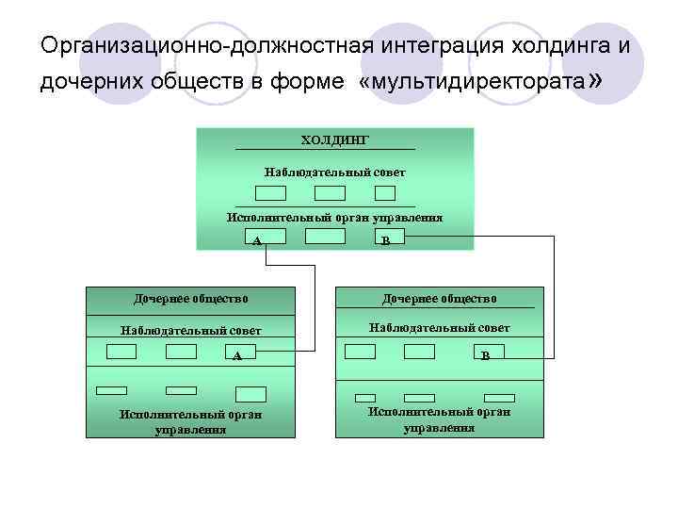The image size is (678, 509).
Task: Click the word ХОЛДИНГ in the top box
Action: (x=334, y=140)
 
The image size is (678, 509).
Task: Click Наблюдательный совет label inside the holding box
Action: (x=334, y=172)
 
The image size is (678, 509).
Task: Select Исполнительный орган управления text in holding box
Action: (x=334, y=217)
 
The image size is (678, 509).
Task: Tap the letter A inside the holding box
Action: (x=257, y=239)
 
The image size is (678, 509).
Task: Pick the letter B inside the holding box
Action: (x=386, y=239)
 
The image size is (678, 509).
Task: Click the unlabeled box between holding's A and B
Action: (x=325, y=237)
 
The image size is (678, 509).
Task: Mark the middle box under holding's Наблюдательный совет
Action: (x=330, y=193)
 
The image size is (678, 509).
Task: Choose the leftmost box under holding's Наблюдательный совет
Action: (x=271, y=193)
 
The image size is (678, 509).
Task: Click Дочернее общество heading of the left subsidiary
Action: (x=191, y=298)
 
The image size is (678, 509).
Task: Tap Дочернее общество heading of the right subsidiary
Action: (x=439, y=298)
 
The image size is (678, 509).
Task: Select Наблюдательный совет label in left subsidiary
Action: (x=191, y=330)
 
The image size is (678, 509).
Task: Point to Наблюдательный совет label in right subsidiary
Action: (x=439, y=327)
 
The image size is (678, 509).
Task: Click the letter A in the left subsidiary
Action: (x=237, y=356)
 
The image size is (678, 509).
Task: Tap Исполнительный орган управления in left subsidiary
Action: (x=191, y=420)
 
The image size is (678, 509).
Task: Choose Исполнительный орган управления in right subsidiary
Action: (x=439, y=419)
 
